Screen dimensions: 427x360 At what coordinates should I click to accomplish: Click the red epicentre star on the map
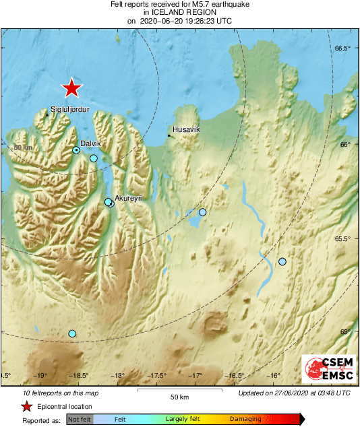71,88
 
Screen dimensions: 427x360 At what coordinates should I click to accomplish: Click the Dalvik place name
90,143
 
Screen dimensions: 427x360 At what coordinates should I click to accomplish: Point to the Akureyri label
128,198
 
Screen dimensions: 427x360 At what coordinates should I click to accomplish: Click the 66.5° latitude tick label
344,48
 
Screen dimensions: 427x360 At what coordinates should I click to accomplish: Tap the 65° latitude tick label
346,331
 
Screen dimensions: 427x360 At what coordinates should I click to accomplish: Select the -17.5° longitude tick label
157,376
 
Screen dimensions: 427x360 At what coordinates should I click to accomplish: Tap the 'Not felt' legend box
79,419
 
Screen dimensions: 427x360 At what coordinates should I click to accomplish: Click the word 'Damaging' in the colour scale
245,419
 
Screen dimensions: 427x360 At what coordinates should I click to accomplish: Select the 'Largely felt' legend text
183,419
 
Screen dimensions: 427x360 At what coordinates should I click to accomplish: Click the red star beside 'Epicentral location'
26,406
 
